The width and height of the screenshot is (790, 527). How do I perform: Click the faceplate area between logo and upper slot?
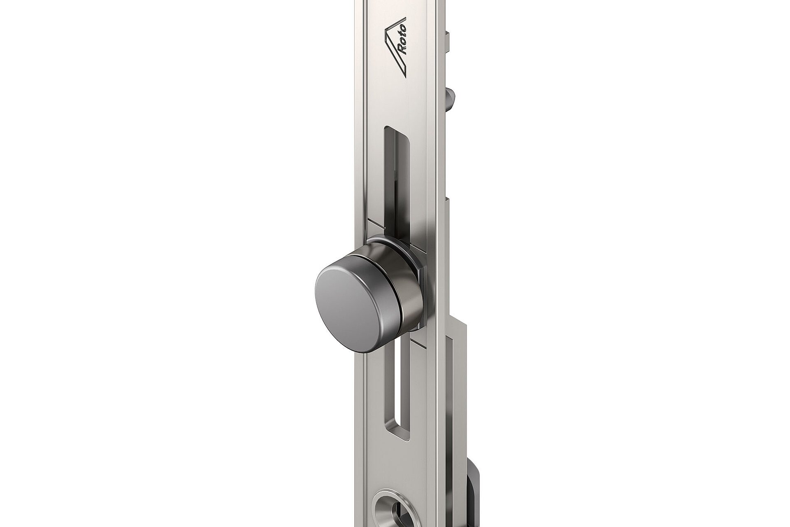[x=395, y=103]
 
